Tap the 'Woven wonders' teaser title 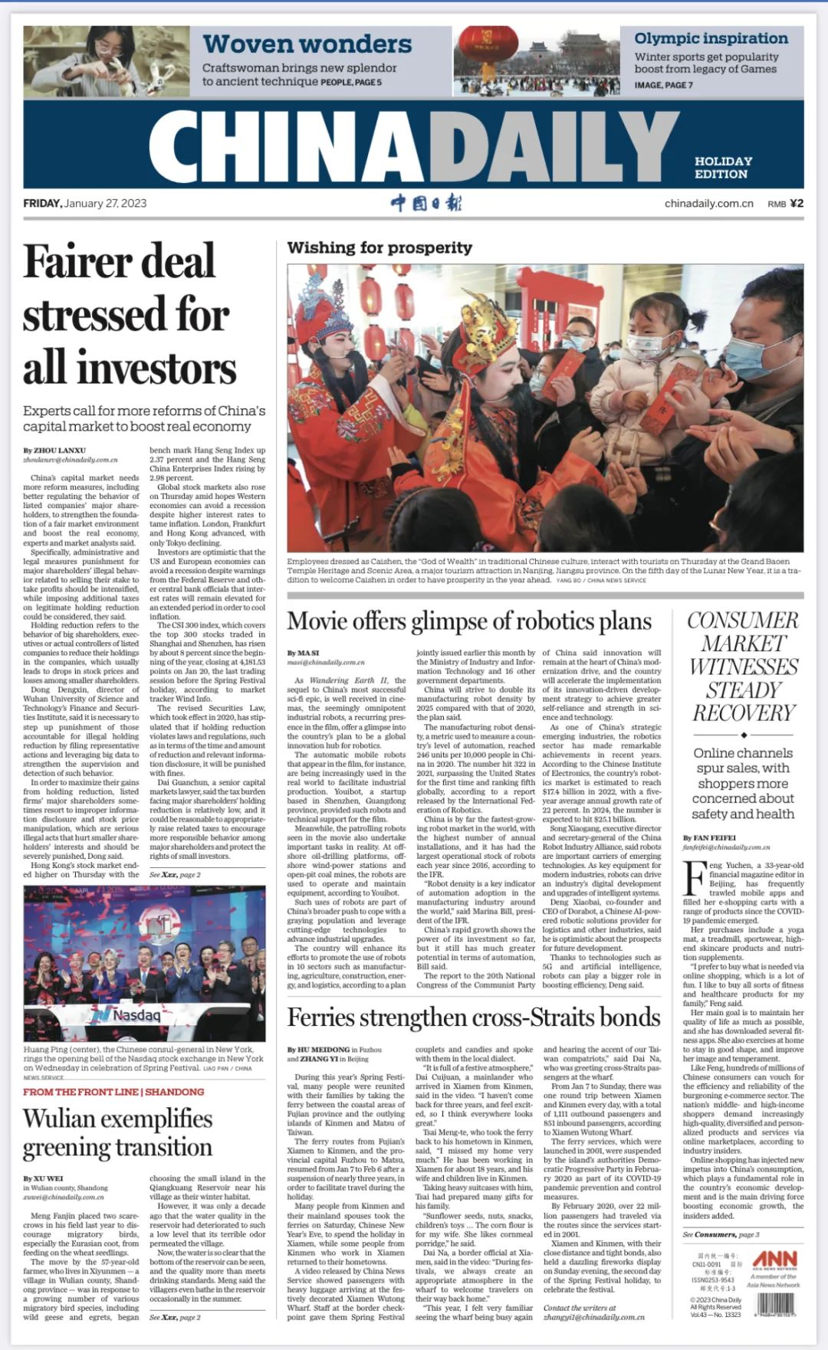click(307, 44)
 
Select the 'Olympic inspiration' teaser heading click(711, 38)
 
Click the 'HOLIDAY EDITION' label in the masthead click(723, 167)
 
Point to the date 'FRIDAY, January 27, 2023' click(85, 203)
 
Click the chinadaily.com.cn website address click(708, 204)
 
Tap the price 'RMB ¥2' click(785, 204)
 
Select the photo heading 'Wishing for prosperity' click(379, 247)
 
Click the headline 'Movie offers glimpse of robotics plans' click(469, 621)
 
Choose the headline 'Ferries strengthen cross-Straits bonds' click(474, 1017)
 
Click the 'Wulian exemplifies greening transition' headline click(117, 1132)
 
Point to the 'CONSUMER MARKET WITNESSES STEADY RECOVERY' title click(743, 667)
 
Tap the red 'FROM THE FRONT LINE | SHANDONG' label click(113, 1092)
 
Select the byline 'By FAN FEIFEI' click(709, 837)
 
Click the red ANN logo click(774, 1259)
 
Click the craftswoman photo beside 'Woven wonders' click(107, 61)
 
